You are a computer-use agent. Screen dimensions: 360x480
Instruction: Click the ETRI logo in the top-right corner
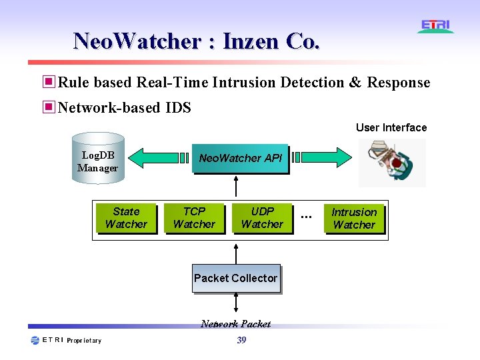pos(436,26)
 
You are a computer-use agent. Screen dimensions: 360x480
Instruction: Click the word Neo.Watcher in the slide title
pos(137,41)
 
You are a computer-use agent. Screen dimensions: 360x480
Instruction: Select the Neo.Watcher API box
pos(240,159)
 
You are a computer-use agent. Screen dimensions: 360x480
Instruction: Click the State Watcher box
pos(126,218)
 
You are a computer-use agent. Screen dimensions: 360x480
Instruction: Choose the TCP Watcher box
pos(194,218)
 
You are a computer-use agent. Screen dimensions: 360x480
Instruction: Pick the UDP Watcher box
pos(262,218)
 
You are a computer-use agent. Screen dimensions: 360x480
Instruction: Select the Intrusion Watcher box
pos(354,219)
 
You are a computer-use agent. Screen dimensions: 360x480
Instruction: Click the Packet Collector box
pos(235,279)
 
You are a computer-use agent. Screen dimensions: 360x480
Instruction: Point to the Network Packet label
pos(235,324)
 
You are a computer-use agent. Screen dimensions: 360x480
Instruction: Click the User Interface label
pos(391,127)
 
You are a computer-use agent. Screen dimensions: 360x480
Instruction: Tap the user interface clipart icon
pos(391,162)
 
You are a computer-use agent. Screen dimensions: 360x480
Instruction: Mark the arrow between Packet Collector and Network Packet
pos(236,303)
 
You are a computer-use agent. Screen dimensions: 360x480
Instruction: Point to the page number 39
pos(241,341)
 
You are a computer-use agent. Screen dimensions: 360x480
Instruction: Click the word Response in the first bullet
pos(399,83)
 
